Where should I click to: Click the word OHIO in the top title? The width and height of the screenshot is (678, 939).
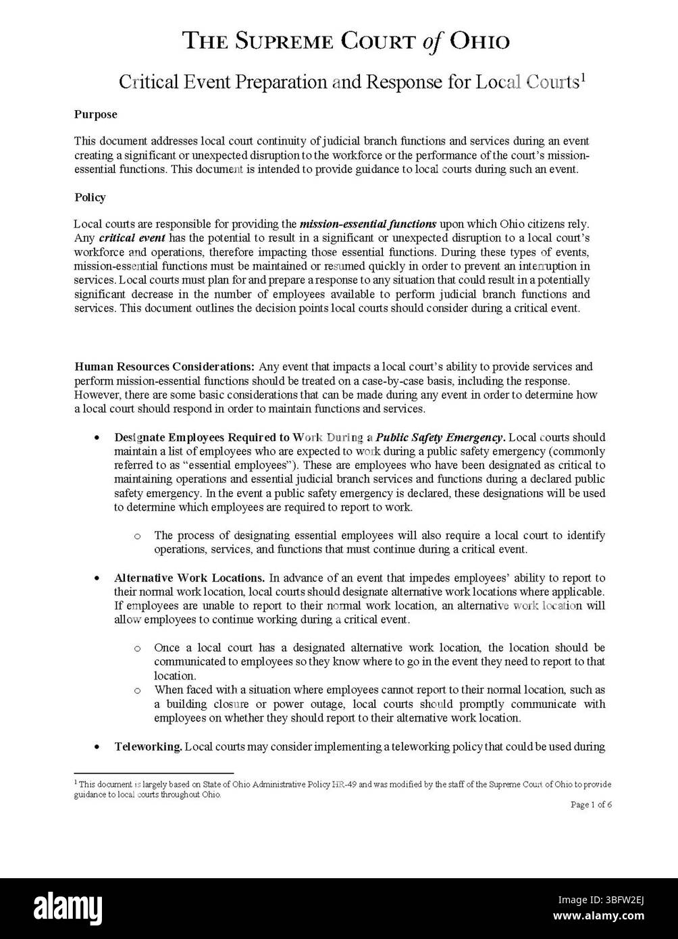pyautogui.click(x=479, y=42)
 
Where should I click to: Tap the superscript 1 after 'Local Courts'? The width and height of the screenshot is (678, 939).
pyautogui.click(x=583, y=77)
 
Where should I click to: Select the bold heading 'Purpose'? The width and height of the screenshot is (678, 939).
pyautogui.click(x=95, y=114)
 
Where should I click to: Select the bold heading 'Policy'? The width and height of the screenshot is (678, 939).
pyautogui.click(x=90, y=197)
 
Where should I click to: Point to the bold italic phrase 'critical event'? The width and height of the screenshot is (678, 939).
pyautogui.click(x=132, y=238)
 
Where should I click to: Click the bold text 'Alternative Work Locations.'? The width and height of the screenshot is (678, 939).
pyautogui.click(x=189, y=578)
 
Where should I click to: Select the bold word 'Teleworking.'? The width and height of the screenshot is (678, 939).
pyautogui.click(x=148, y=746)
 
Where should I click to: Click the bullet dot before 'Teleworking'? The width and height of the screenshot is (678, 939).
pyautogui.click(x=99, y=747)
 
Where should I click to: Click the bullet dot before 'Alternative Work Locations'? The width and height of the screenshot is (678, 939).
pyautogui.click(x=99, y=578)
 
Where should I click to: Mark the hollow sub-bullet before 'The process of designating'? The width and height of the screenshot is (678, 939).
pyautogui.click(x=138, y=536)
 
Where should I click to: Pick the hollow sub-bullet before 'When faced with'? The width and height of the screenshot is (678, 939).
pyautogui.click(x=138, y=690)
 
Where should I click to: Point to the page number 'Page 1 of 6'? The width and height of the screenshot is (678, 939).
pyautogui.click(x=591, y=805)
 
